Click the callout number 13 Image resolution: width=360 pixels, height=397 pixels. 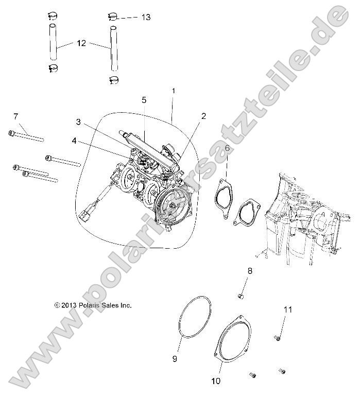tap(146, 17)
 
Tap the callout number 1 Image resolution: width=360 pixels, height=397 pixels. tap(174, 91)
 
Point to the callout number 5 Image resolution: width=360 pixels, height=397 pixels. tap(145, 99)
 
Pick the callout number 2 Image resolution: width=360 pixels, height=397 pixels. tap(203, 116)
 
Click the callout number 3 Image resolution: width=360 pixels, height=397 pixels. tap(78, 122)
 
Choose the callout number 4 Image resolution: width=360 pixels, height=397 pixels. tap(74, 140)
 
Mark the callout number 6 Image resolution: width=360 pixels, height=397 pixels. tap(227, 148)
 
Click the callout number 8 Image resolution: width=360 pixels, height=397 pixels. tap(250, 270)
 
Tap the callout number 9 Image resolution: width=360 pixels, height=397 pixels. tap(175, 358)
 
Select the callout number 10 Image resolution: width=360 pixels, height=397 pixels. tap(215, 381)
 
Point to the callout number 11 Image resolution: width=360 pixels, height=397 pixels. tap(288, 309)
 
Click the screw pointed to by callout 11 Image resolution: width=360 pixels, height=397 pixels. tap(277, 338)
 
